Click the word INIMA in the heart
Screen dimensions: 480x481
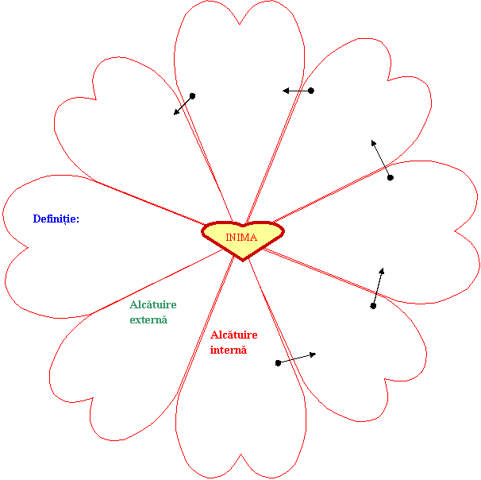[x=241, y=237]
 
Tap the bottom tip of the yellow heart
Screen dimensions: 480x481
[x=241, y=259]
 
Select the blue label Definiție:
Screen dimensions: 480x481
[x=56, y=219]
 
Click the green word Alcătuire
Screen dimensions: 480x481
[x=152, y=304]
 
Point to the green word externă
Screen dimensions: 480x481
[x=148, y=319]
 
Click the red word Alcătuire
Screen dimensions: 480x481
[x=233, y=335]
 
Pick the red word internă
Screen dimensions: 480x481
[x=229, y=350]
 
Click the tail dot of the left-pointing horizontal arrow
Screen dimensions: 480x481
[x=311, y=91]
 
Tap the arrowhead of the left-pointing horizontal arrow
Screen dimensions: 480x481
[x=284, y=91]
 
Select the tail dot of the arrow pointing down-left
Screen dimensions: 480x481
[x=192, y=96]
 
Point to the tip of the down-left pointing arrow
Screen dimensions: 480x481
[x=175, y=114]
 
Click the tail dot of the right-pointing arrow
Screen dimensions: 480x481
[x=278, y=363]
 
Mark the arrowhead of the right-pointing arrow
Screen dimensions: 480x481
[x=315, y=354]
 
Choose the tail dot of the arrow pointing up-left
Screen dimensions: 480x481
[x=390, y=177]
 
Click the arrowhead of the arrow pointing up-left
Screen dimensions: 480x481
[x=371, y=141]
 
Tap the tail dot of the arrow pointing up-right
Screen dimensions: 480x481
[x=373, y=306]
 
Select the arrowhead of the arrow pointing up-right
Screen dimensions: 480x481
[x=383, y=269]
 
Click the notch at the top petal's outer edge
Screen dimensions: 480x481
[x=240, y=22]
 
